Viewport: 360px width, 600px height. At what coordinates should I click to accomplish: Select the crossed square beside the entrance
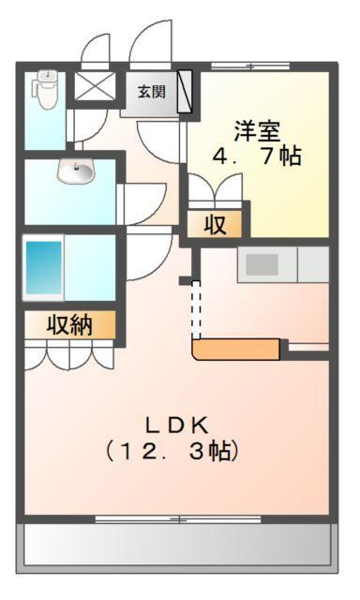tap(92, 88)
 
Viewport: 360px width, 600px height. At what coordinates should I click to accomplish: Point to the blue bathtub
tap(42, 269)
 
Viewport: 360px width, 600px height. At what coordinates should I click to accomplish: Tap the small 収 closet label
tap(215, 224)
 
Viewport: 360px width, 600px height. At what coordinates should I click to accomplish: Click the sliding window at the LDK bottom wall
tap(178, 518)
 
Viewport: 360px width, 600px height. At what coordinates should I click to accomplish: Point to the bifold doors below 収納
tap(70, 354)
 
